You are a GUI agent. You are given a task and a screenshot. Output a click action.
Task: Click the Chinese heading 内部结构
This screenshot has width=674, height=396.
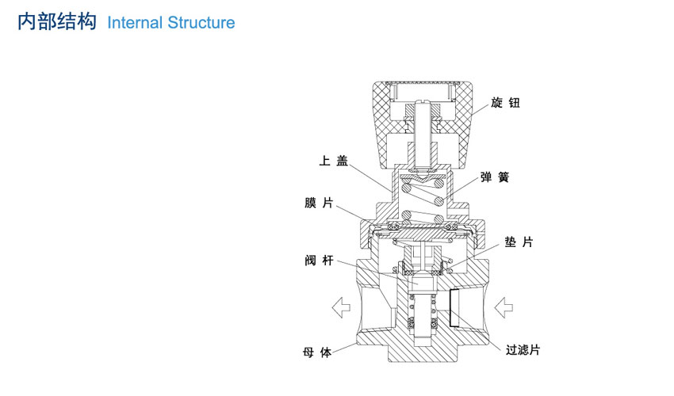point(57,22)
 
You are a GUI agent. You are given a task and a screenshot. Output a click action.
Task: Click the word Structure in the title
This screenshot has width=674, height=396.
point(201,23)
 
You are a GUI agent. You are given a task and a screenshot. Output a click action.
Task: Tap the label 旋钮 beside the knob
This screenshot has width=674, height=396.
point(506,103)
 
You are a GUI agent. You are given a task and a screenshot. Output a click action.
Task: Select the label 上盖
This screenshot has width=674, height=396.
point(333,161)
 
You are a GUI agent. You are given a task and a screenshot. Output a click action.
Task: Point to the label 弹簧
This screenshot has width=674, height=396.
point(495,177)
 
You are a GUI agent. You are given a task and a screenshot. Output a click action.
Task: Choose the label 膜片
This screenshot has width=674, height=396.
point(319,203)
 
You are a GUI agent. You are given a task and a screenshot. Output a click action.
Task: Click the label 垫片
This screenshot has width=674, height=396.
point(519,242)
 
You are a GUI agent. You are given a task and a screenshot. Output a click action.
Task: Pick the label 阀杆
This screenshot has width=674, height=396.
point(319,261)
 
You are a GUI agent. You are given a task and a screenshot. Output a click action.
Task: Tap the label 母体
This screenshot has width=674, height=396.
point(317,352)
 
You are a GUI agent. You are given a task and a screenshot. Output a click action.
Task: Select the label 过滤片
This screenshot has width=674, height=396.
point(523,350)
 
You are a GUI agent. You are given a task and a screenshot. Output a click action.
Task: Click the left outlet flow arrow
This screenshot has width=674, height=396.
point(341,307)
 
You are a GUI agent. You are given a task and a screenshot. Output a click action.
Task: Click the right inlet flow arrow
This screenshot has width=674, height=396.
point(504,307)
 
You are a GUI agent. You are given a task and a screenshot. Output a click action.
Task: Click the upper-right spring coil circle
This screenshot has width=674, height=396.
point(438,185)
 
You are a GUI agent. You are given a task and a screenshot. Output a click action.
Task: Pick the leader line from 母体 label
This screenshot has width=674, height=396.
point(345,348)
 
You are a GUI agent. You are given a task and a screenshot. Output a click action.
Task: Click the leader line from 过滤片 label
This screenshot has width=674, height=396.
point(478,329)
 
